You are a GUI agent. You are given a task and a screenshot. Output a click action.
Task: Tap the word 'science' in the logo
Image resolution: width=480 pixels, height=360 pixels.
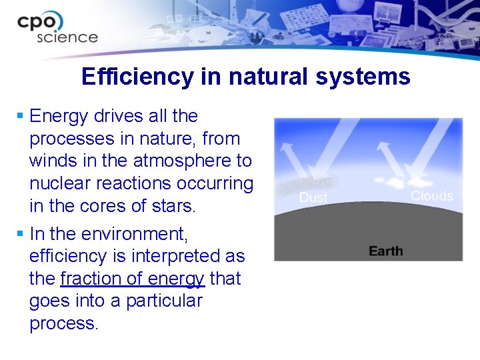67,37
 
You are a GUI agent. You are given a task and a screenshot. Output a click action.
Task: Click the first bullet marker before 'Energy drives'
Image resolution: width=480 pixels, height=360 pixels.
21,117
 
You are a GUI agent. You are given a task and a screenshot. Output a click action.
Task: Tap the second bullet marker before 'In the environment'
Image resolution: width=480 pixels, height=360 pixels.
21,234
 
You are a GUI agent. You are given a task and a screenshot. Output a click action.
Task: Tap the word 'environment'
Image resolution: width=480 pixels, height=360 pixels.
134,234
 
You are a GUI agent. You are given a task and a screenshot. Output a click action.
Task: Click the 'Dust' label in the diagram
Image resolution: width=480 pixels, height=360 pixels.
313,198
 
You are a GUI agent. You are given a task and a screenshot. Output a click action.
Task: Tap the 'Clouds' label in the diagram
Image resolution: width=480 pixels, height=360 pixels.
432,195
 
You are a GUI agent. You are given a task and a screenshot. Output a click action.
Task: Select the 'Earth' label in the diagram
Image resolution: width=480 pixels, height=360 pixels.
385,251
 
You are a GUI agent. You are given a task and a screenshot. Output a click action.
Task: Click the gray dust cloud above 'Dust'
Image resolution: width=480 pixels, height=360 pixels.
308,184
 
